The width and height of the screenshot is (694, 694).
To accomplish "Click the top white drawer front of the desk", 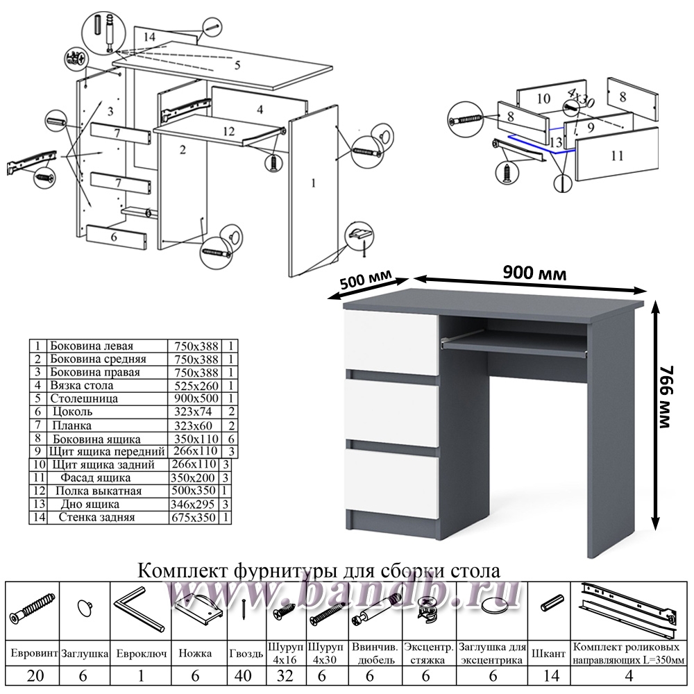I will coord(391,343).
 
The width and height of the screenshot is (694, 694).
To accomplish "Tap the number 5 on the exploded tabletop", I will coord(237,66).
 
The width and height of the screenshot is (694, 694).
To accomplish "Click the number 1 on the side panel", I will coord(314,183).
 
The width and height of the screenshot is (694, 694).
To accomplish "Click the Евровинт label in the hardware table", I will coord(33,654).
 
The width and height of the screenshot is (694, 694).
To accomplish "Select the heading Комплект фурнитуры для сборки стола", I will coord(320,570).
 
